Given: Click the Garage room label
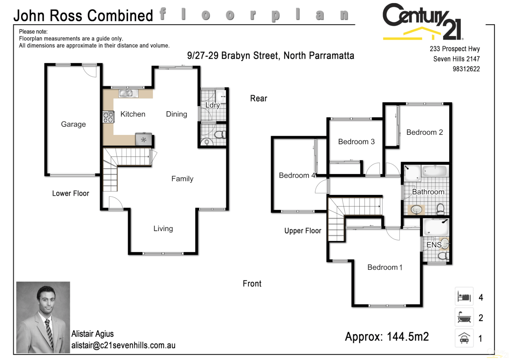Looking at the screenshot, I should coord(73,124).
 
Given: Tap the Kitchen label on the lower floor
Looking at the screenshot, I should coord(133,114).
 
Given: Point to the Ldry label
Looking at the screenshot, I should coord(212,105).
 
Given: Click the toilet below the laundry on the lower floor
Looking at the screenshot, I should coord(219,135).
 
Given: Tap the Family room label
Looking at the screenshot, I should coord(182,179).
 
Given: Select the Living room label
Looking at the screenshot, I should coord(163,229).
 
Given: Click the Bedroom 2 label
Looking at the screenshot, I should coord(424,132).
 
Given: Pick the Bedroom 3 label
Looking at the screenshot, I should coord(356,142).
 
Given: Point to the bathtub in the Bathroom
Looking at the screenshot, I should coord(434,171).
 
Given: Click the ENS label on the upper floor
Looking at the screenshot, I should coord(434,245).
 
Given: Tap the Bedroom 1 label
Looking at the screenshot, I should coord(385,267).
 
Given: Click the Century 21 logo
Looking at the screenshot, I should coord(422,22).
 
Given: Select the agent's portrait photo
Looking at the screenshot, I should coord(43,317).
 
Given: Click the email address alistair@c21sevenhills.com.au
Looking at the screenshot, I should coord(123,345).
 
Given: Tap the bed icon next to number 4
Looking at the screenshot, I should coord(464,296).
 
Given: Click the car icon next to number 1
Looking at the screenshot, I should coord(464,338).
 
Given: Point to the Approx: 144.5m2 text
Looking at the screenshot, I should coord(387,337).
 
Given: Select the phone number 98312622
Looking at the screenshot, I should coord(466,69).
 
